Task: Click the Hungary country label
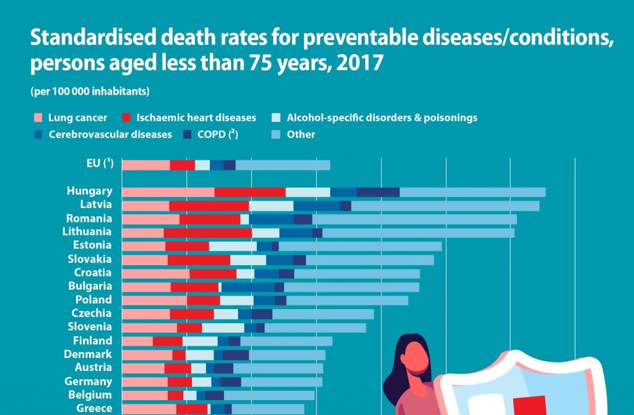[x=90, y=191]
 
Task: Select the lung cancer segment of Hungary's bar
[x=168, y=192]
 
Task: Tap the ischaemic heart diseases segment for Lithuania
[x=207, y=232]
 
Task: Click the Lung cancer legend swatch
[x=38, y=118]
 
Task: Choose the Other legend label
[x=301, y=134]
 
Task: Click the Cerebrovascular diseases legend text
[x=111, y=134]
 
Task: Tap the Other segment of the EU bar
[x=282, y=165]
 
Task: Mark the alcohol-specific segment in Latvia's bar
[x=271, y=206]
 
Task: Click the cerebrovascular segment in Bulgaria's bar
[x=248, y=287]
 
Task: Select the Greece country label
[x=94, y=408]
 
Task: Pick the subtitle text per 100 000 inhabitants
[x=90, y=92]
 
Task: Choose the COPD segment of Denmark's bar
[x=235, y=354]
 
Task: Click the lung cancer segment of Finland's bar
[x=137, y=341]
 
